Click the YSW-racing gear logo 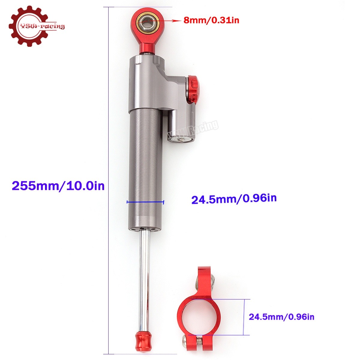[36, 26]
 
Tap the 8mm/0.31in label [211, 20]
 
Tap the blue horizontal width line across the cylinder [145, 202]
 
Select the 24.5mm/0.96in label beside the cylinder [234, 199]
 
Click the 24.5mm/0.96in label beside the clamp [281, 316]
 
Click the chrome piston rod [144, 279]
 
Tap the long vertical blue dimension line [108, 180]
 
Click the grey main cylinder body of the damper [145, 168]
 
